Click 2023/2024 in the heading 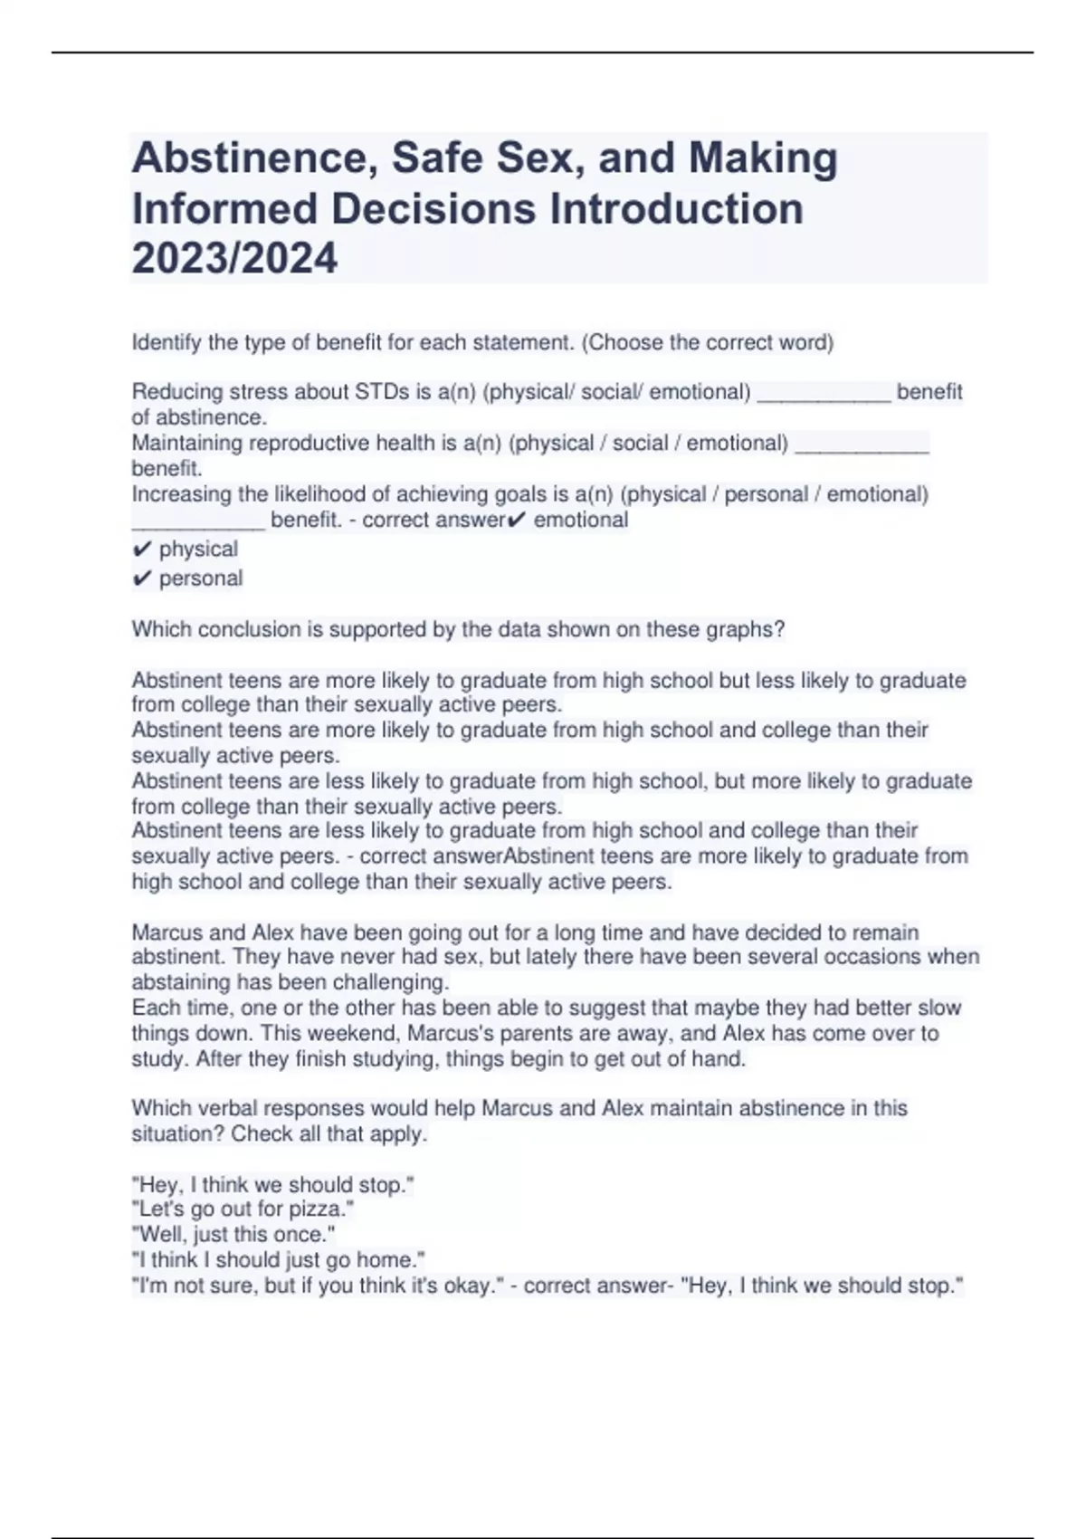pyautogui.click(x=234, y=258)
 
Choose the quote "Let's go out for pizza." pyautogui.click(x=243, y=1209)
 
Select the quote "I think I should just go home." pyautogui.click(x=279, y=1260)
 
